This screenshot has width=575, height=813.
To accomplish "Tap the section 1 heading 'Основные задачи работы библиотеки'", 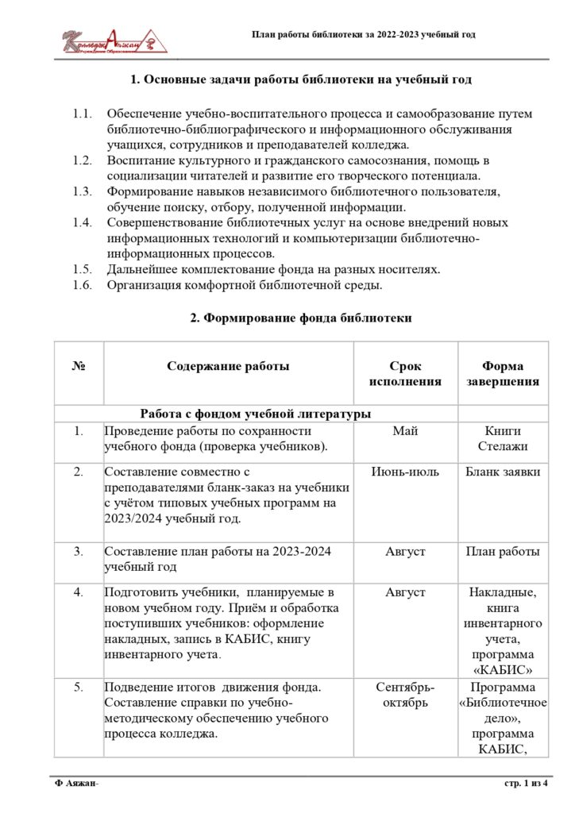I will [301, 79].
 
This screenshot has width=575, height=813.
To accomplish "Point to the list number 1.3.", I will [83, 191].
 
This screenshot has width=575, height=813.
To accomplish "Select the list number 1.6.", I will [83, 284].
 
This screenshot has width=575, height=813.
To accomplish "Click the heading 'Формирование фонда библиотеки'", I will [301, 318].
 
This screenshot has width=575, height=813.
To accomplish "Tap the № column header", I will [79, 366].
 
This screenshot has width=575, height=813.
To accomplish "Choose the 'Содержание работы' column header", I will [228, 366].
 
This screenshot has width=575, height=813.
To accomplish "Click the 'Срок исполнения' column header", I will [405, 373].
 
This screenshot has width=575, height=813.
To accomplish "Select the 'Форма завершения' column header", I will [503, 373].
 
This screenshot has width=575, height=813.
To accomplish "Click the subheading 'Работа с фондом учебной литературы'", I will [255, 413].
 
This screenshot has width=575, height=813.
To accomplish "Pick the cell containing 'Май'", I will [405, 431].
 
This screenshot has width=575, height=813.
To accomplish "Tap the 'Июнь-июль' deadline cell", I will [405, 472].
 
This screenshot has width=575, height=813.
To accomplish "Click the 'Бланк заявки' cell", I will [503, 472].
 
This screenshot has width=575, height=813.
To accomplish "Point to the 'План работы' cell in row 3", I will [503, 552].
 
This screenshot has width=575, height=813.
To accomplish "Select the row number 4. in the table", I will [79, 592].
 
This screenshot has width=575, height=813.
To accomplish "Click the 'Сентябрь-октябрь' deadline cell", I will [405, 694].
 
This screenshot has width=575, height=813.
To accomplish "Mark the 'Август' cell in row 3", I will [405, 552].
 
